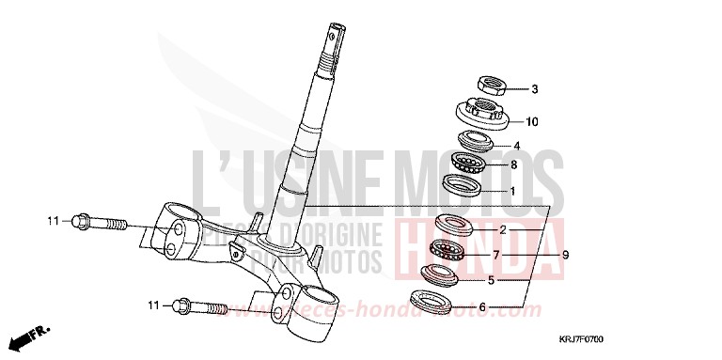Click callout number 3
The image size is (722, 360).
(x=534, y=90)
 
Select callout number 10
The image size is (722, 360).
(x=532, y=121)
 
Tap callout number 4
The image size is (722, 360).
(x=516, y=146)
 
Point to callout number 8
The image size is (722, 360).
(x=513, y=165)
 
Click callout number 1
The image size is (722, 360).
(x=512, y=190)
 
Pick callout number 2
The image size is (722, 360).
(x=502, y=229)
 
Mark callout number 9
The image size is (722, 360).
(x=566, y=254)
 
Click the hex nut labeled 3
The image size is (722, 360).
(x=494, y=86)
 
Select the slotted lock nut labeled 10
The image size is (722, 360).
(x=486, y=114)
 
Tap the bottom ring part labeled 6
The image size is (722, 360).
(x=435, y=303)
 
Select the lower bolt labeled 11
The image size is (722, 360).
(x=198, y=306)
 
